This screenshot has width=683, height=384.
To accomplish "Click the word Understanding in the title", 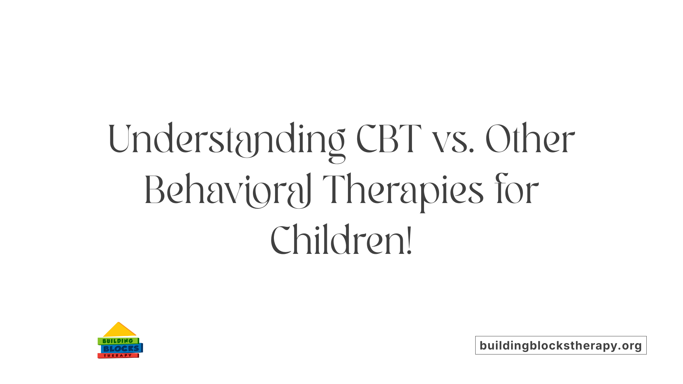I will [226, 139].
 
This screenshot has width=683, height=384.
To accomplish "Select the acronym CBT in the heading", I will [388, 139].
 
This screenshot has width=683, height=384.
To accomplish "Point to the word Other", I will [530, 139].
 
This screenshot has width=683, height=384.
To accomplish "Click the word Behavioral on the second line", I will [228, 190].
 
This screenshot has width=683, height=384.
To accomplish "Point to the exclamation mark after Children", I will [409, 241].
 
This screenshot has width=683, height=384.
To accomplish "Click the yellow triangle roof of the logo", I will [119, 331].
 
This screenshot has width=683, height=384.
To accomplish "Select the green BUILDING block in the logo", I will [118, 341].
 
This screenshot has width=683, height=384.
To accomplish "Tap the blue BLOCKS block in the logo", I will [121, 349].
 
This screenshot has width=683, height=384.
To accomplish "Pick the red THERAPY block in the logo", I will [118, 356].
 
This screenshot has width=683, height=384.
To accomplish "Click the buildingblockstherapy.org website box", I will [561, 345].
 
